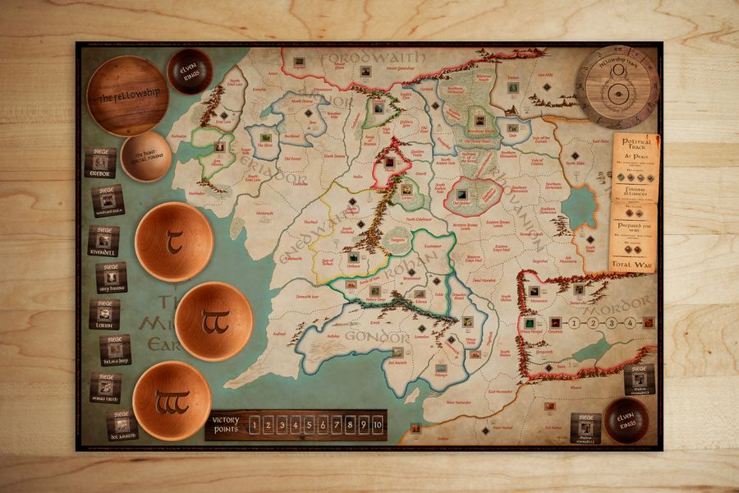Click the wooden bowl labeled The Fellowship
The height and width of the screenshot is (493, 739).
127,96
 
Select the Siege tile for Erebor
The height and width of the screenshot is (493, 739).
100,163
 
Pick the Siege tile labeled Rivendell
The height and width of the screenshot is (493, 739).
103,242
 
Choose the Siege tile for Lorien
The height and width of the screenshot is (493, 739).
104,313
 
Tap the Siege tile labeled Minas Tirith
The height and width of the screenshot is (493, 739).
105,387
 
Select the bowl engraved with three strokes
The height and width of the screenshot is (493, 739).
172,400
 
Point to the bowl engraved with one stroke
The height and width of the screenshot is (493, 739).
174,242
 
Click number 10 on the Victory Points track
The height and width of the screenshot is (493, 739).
377,425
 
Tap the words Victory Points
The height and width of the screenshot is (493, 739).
224,425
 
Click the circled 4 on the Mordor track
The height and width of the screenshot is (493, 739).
629,323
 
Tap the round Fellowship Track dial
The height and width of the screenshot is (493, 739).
617,85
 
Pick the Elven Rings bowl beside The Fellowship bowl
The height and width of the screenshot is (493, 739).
190,71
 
